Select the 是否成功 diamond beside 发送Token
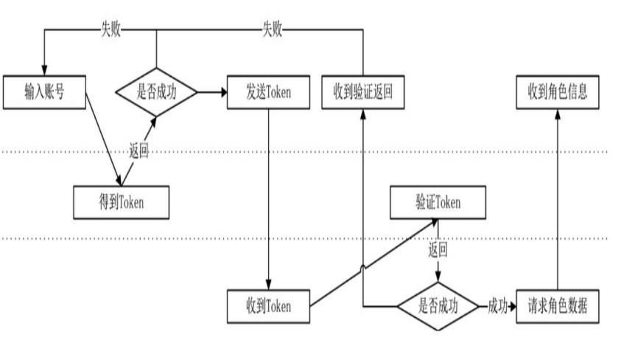[157, 92]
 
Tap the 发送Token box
[268, 92]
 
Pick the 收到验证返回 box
[364, 92]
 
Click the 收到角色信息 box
[557, 92]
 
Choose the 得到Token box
[122, 202]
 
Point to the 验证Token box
[438, 202]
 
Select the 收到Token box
[268, 306]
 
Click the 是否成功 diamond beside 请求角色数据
[438, 306]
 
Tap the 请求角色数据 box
[557, 306]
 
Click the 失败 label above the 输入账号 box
[112, 29]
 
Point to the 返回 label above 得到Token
[138, 153]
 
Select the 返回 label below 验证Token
[438, 249]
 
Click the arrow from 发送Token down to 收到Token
[268, 199]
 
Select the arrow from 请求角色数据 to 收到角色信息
[557, 199]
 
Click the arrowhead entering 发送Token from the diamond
[221, 93]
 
